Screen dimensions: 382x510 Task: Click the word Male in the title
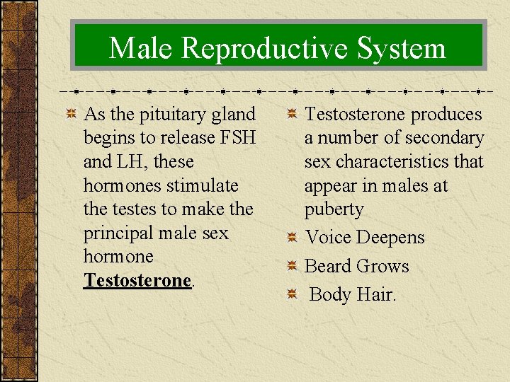tap(140, 49)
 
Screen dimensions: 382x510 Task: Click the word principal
tap(119, 233)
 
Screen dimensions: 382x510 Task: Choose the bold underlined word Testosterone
tap(137, 280)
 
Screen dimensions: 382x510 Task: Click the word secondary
tap(443, 138)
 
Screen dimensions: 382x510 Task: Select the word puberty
tap(334, 209)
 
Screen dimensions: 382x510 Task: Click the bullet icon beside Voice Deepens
tap(292, 238)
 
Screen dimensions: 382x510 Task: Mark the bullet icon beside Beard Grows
tap(292, 266)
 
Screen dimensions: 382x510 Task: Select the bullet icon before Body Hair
tap(292, 294)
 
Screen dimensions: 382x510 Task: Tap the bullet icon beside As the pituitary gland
tap(71, 115)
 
